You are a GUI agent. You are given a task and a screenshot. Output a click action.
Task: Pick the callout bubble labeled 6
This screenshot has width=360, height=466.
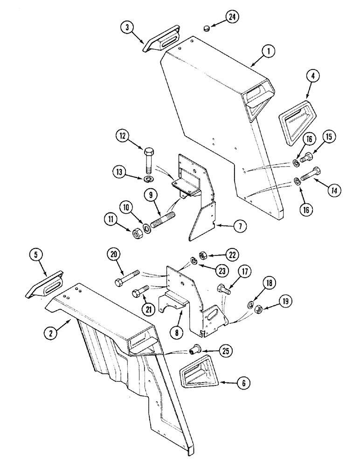(243, 384)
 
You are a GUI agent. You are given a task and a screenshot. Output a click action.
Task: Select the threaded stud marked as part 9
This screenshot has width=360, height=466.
(161, 219)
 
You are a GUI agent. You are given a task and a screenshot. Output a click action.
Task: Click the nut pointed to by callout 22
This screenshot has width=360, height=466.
(203, 255)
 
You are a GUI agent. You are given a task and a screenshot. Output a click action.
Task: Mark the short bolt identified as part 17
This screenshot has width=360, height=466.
(223, 289)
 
